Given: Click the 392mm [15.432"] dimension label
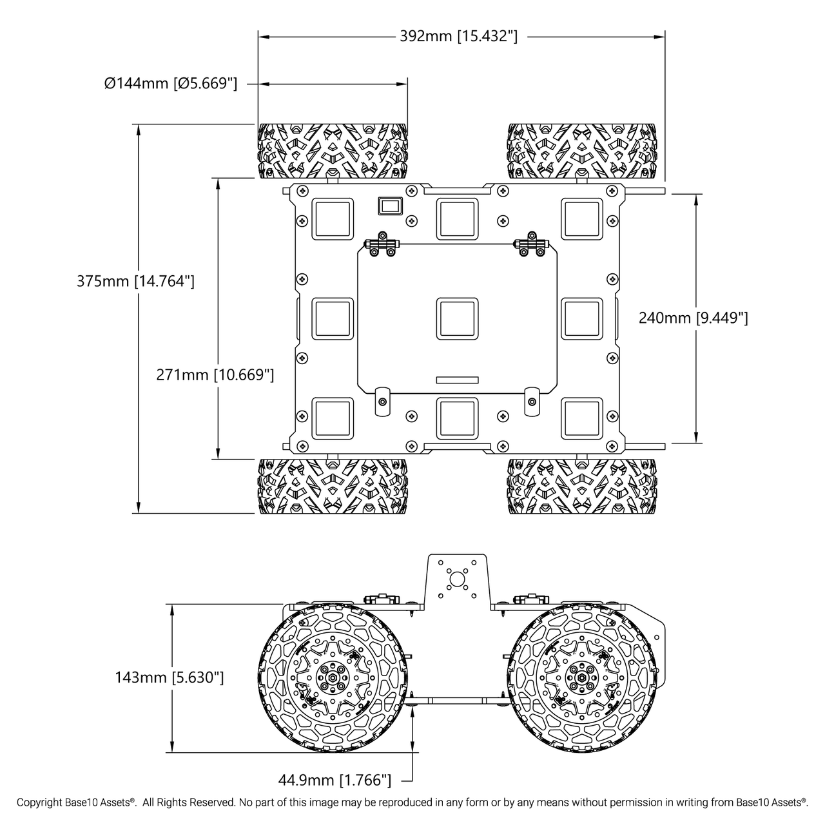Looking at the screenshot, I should (x=458, y=36).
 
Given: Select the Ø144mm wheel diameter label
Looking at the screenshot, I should (x=171, y=83).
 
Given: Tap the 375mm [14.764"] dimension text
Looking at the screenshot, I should (x=135, y=281).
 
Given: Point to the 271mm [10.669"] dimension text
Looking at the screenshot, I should (x=215, y=374).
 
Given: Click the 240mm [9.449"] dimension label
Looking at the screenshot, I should (x=693, y=318).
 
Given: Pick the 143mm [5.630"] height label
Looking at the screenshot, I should (x=170, y=677).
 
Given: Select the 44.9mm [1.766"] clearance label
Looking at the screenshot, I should (x=335, y=780).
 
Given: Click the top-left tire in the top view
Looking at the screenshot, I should (x=333, y=151).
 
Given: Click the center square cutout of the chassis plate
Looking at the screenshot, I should (x=457, y=318).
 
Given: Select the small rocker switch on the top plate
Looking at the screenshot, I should (x=389, y=206).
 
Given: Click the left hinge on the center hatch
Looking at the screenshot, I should (x=382, y=246).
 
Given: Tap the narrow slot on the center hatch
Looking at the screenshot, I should (x=457, y=380).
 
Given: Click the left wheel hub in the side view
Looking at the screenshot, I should (x=334, y=678).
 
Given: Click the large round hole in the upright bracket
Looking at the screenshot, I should (x=457, y=578).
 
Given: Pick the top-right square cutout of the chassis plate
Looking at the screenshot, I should (x=581, y=218).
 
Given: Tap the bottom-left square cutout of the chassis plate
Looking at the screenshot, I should (x=333, y=418).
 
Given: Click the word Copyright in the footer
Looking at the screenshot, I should (x=39, y=802).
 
